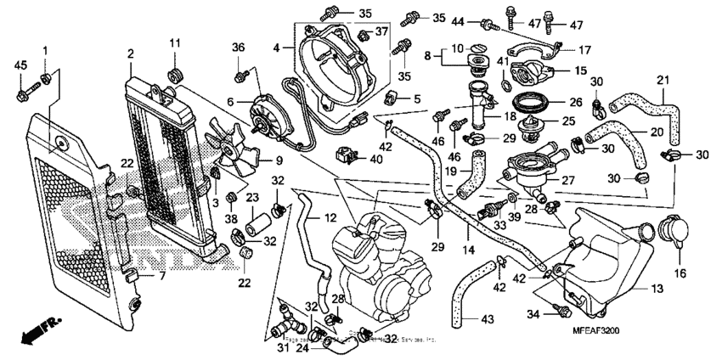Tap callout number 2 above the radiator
pos(131,54)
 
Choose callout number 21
pos(663,80)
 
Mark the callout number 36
pos(238,47)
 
